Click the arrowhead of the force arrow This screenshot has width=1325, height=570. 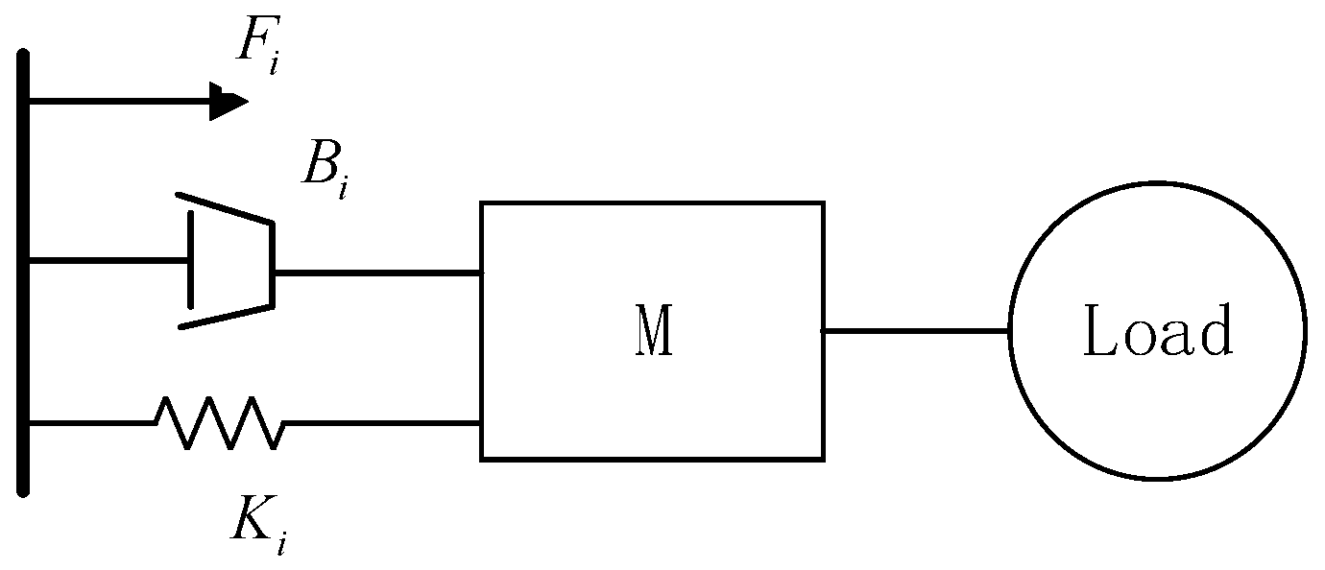pyautogui.click(x=228, y=101)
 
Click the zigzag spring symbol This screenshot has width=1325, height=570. pyautogui.click(x=219, y=423)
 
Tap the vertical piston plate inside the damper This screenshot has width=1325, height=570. pyautogui.click(x=188, y=260)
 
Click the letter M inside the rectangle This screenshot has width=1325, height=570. pyautogui.click(x=653, y=330)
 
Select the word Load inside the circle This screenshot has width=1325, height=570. pyautogui.click(x=1157, y=331)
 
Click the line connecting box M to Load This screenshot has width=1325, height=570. pyautogui.click(x=915, y=330)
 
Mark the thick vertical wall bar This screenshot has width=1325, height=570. pyautogui.click(x=24, y=273)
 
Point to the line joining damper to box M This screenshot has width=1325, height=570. pyautogui.click(x=377, y=273)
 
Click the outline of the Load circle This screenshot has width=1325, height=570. pyautogui.click(x=1010, y=330)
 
